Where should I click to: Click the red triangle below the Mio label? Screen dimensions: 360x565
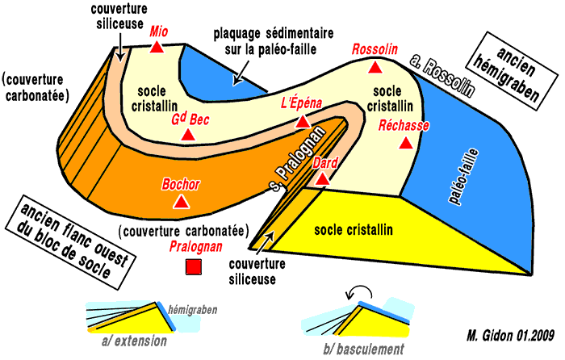pos(157,48)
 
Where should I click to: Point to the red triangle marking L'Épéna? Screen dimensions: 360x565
pos(303,122)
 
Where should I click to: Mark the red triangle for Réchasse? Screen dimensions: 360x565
pos(408,143)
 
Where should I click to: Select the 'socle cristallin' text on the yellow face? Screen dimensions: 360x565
pos(354,230)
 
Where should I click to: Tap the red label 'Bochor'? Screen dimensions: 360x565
pos(182,183)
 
